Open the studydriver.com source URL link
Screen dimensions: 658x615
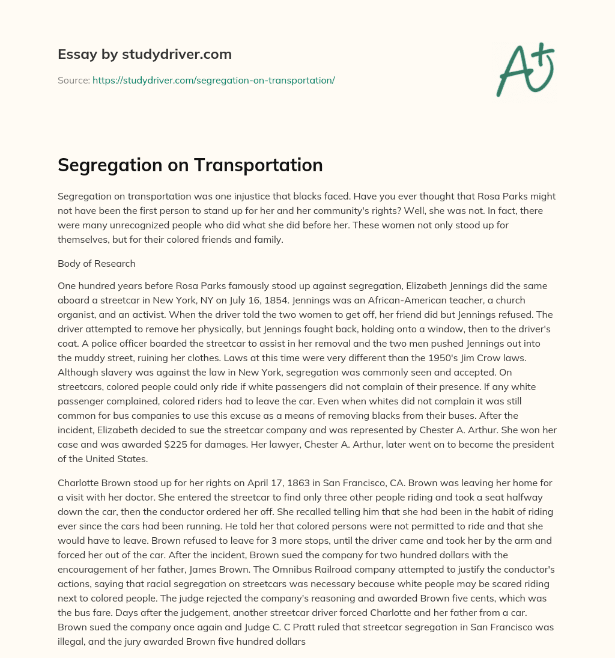click(x=213, y=80)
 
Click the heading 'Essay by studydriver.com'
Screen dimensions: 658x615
click(x=145, y=54)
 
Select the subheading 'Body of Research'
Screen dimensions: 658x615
click(x=97, y=263)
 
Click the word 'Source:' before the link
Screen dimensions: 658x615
click(x=73, y=80)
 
